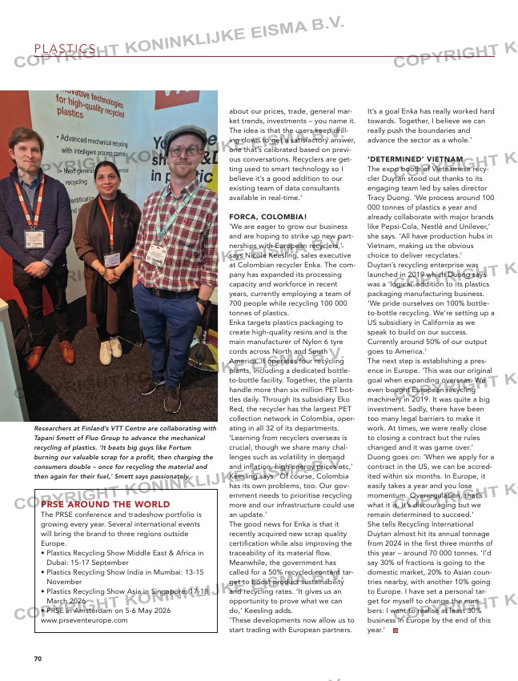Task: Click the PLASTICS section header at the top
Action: [65, 49]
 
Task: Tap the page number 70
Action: [38, 658]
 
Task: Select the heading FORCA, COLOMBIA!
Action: [268, 217]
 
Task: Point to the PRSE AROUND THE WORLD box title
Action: [105, 504]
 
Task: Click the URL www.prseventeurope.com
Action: [84, 619]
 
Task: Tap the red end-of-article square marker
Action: [395, 631]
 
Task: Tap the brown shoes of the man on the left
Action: [52, 353]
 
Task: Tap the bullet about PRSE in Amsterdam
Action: [116, 610]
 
